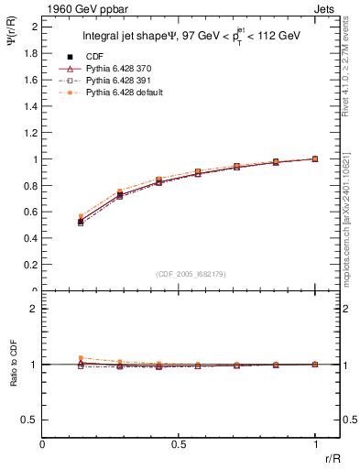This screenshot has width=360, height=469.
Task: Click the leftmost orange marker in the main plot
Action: [81, 217]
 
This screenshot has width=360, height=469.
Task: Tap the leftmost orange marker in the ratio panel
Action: [81, 358]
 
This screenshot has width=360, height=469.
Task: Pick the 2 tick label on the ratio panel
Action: [34, 309]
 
